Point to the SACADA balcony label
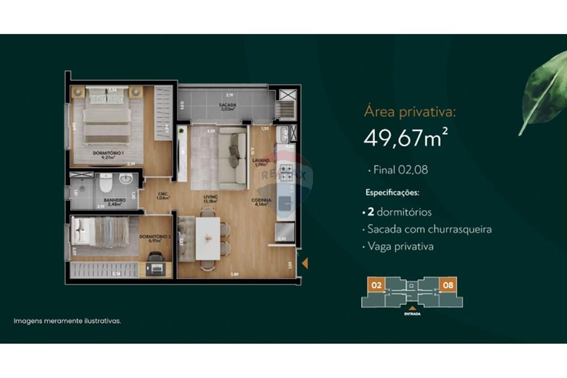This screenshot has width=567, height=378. click(x=228, y=105)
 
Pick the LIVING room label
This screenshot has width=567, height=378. click(x=211, y=197)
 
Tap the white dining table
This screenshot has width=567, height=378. click(x=208, y=238)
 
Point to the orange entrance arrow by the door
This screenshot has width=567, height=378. click(x=304, y=263)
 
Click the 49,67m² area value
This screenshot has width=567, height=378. click(x=402, y=137)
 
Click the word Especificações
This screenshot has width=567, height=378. click(x=392, y=193)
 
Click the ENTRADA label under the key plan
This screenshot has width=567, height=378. click(x=412, y=313)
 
